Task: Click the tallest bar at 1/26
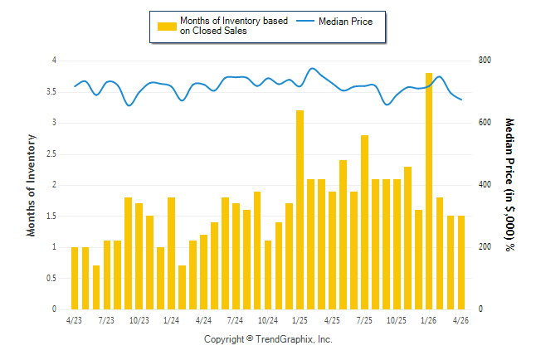[x=429, y=191]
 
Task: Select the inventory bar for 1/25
[x=300, y=210]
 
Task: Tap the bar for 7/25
[x=364, y=222]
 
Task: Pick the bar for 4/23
[x=75, y=278]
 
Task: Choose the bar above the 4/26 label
[x=461, y=263]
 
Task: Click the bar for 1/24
[x=171, y=253]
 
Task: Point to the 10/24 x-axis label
[x=268, y=320]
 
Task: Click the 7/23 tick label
[x=106, y=320]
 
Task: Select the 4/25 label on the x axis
[x=332, y=320]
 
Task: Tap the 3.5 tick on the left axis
[x=51, y=92]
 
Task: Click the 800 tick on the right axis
[x=485, y=61]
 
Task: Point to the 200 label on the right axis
[x=485, y=247]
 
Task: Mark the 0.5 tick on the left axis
[x=51, y=278]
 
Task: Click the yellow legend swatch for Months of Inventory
[x=167, y=27]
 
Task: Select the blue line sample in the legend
[x=305, y=21]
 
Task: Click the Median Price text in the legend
[x=346, y=22]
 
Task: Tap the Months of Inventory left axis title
[x=31, y=185]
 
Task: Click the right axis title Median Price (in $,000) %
[x=509, y=185]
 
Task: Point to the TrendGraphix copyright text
[x=268, y=339]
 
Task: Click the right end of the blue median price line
[x=461, y=100]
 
